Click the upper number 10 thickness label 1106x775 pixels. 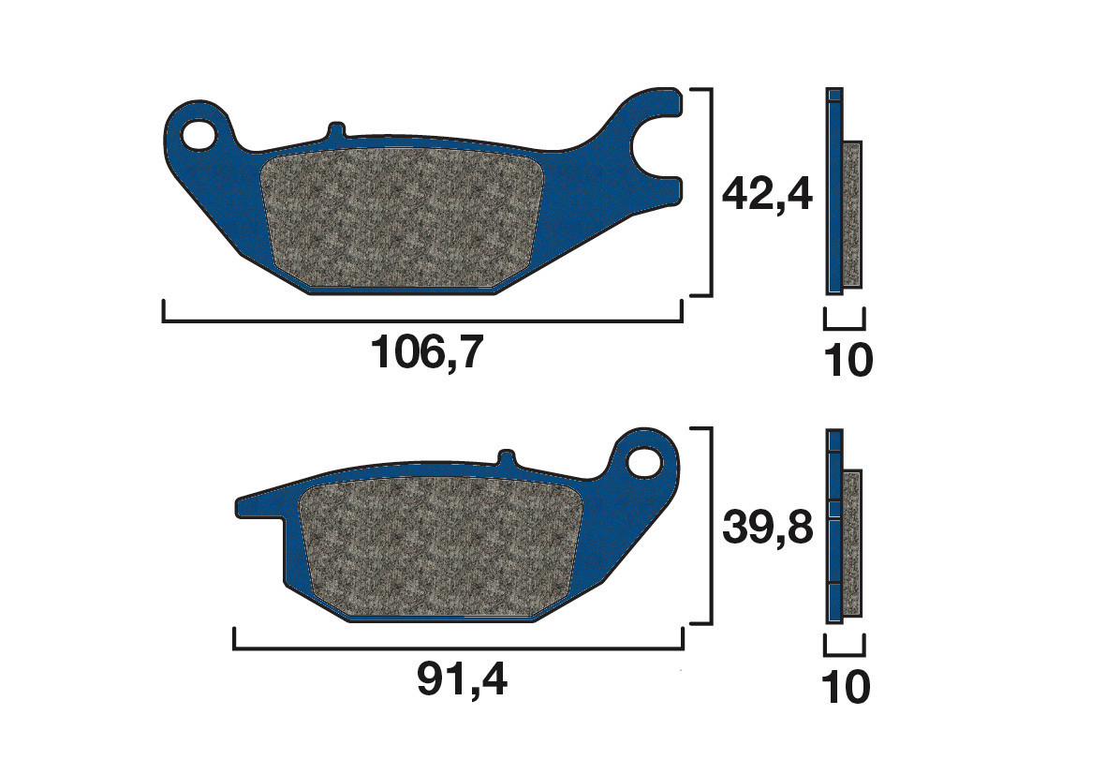pos(848,361)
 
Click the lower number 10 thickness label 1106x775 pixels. pos(847,689)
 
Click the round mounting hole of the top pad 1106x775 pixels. pos(199,133)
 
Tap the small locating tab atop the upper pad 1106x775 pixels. pos(336,129)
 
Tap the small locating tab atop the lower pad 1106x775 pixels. pos(506,458)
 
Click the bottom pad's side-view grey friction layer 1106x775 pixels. pos(852,544)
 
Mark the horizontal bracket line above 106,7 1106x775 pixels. pos(421,322)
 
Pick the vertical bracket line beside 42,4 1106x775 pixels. pos(713,193)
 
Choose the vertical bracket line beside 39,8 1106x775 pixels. pos(713,526)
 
